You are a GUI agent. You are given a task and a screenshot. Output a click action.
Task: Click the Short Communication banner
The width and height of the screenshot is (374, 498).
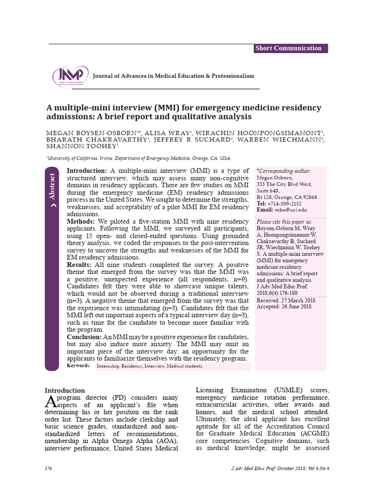tap(291, 48)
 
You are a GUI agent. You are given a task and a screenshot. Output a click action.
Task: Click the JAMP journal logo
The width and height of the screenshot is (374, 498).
tap(70, 76)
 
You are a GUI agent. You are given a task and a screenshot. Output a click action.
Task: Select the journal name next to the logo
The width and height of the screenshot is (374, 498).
tap(173, 76)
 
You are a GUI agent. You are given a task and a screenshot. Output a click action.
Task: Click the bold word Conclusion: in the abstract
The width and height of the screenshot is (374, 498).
tap(84, 337)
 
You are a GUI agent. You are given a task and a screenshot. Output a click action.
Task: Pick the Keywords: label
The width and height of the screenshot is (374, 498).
tap(78, 366)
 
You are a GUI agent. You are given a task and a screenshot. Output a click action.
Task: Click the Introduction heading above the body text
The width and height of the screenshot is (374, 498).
tap(65, 390)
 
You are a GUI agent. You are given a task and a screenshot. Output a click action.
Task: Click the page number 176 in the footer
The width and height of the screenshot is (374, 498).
tap(49, 468)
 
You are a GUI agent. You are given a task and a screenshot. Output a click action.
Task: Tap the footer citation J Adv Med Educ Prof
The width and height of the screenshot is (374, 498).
tap(280, 468)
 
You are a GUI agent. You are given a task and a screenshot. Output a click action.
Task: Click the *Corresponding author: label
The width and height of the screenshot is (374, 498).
tap(283, 171)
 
